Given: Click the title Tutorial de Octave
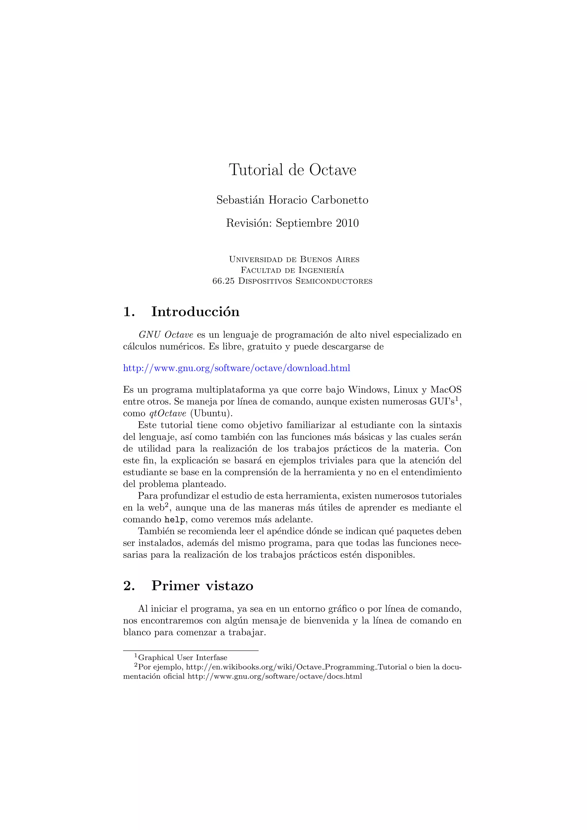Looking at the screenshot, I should click(292, 170).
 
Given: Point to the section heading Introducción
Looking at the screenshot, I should click(195, 312).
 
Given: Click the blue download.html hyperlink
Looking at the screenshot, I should click(236, 368).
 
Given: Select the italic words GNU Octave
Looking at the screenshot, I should click(166, 335).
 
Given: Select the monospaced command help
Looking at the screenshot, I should click(175, 520).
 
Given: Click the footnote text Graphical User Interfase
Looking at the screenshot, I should click(183, 657).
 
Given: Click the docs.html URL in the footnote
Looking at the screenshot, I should click(274, 676).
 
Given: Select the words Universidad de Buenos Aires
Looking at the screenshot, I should click(294, 260).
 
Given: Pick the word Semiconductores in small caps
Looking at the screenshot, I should click(334, 281).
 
